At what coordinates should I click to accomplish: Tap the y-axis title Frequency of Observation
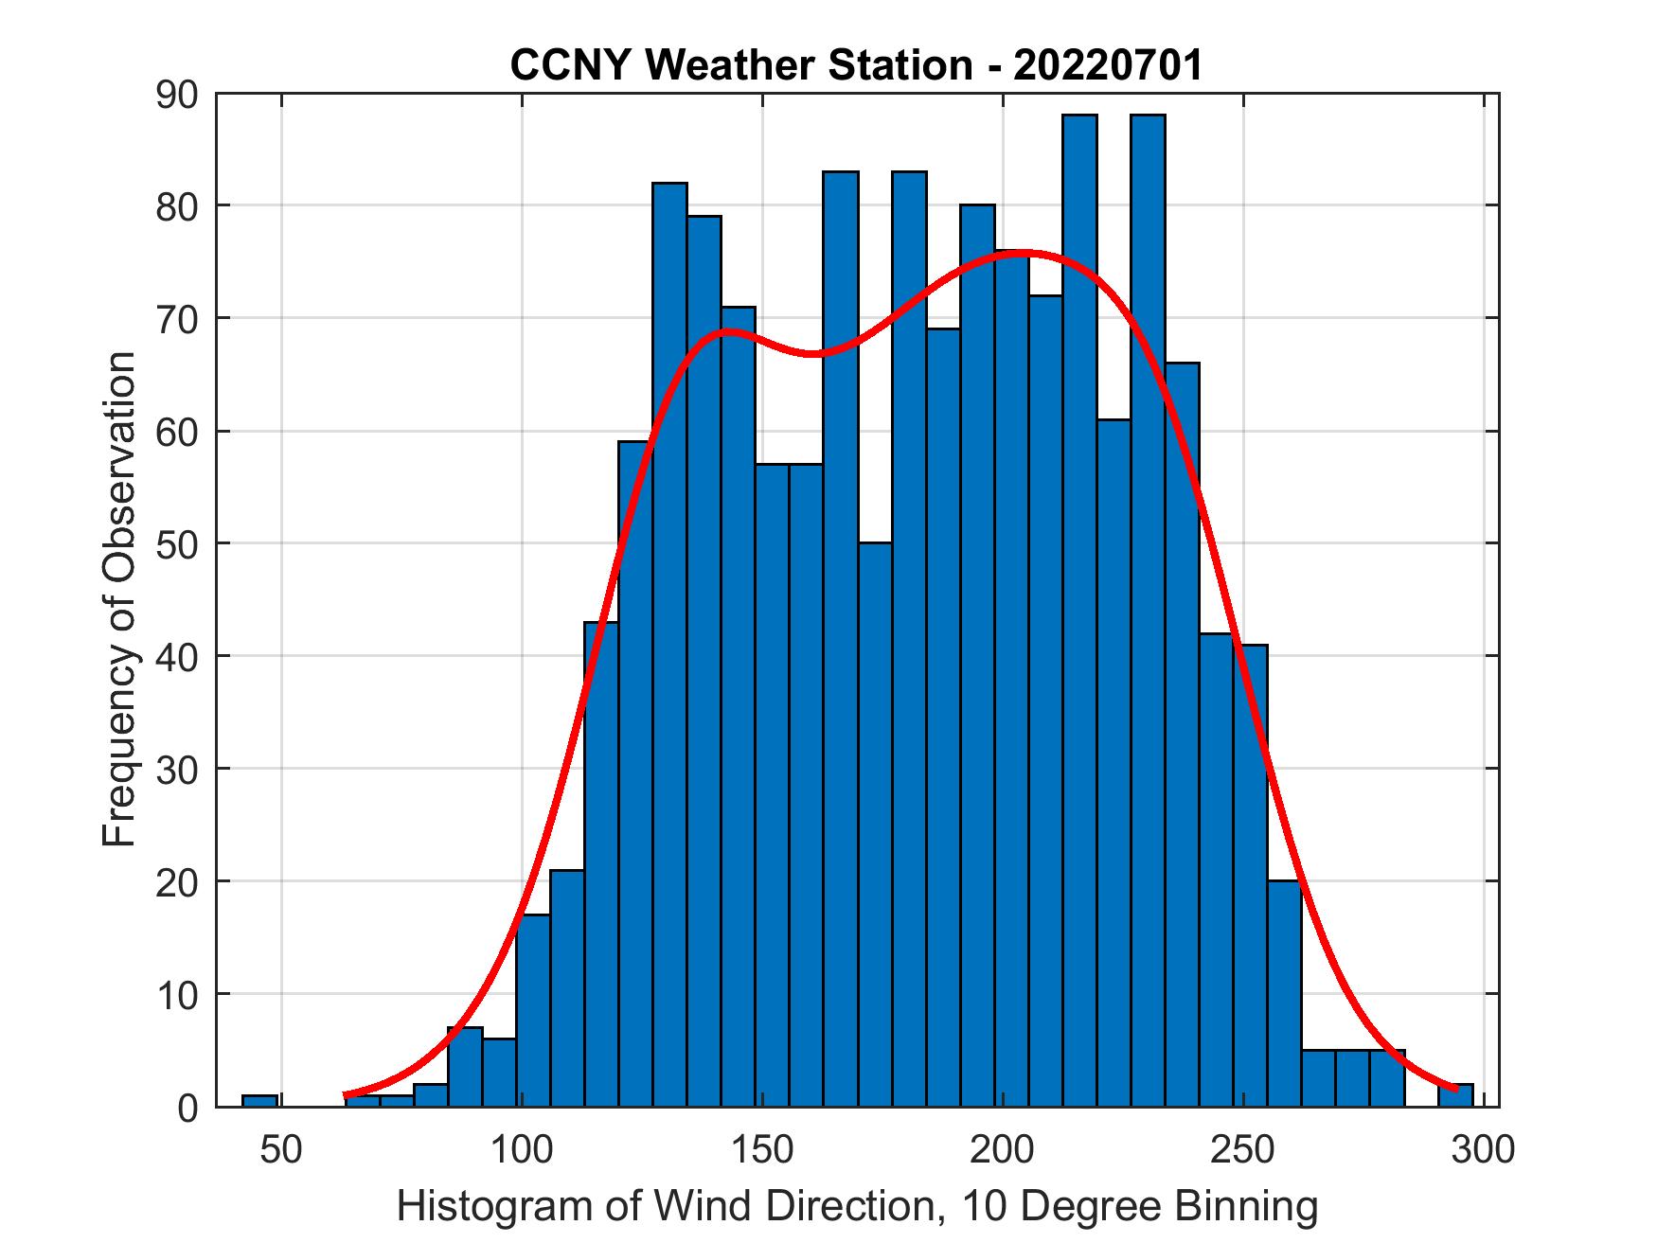click(x=120, y=599)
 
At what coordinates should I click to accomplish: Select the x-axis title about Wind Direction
click(x=856, y=1208)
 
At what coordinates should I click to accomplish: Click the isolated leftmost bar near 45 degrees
click(x=259, y=1101)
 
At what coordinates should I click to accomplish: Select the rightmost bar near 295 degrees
click(x=1455, y=1095)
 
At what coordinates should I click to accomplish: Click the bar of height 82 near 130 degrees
click(x=669, y=644)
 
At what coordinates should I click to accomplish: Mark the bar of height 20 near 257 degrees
click(x=1284, y=994)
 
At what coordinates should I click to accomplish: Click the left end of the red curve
click(x=347, y=1094)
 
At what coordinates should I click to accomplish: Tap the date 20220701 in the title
click(x=1108, y=65)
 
